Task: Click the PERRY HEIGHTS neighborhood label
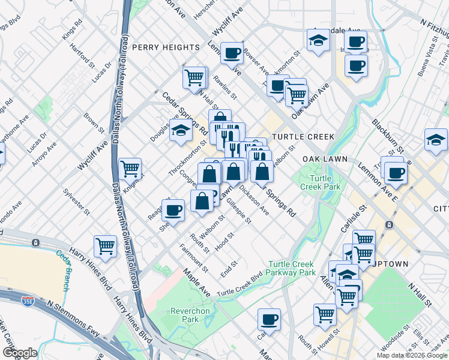[166, 47]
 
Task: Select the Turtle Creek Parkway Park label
[292, 268]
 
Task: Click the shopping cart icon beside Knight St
[130, 169]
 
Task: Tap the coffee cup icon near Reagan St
[173, 211]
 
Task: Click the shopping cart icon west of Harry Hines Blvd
[105, 245]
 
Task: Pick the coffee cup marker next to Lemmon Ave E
[396, 173]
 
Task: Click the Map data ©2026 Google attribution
[412, 355]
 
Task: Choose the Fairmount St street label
[193, 256]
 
